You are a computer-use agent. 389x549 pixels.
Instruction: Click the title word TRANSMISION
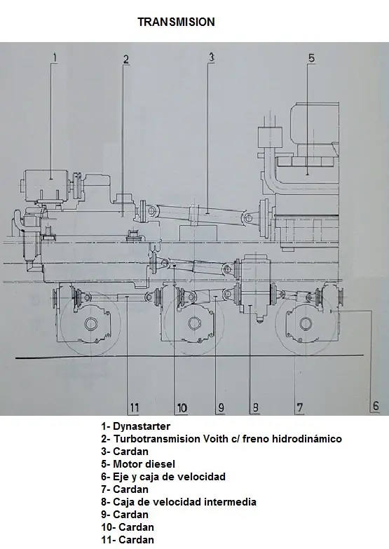tap(176, 22)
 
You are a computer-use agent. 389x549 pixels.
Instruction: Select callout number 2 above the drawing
tap(126, 59)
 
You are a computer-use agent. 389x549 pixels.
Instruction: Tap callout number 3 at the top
tap(211, 57)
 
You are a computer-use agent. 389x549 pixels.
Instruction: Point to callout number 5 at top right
tap(311, 58)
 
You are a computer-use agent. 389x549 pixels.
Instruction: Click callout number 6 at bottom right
tap(375, 405)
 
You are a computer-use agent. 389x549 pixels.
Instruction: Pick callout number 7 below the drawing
tap(299, 407)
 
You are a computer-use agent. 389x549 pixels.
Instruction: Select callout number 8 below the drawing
tap(255, 407)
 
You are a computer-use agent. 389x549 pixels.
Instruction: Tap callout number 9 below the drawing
tap(220, 407)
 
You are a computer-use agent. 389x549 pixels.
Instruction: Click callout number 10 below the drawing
tap(181, 407)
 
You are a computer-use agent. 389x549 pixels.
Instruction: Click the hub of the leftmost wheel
tap(90, 324)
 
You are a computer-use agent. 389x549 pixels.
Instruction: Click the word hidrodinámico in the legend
tap(308, 439)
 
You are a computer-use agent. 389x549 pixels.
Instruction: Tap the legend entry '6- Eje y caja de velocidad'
tap(163, 477)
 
